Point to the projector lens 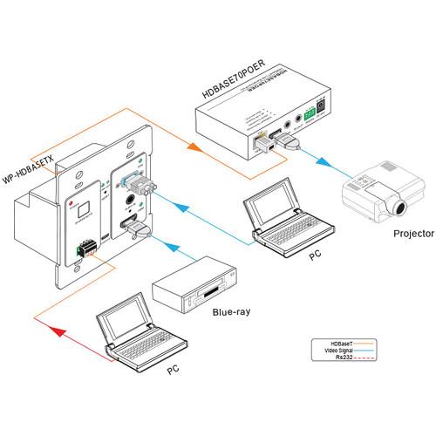(400, 208)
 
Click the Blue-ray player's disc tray (208, 289)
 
